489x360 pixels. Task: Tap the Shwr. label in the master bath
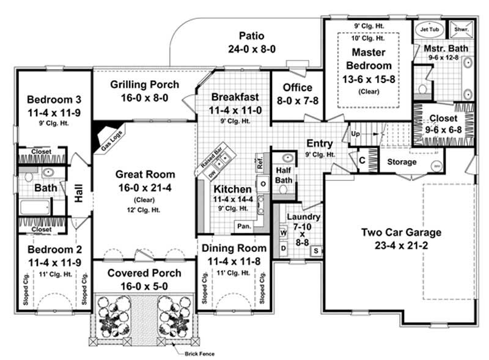point(460,29)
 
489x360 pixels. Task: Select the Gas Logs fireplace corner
point(107,137)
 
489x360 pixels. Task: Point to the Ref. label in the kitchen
point(260,164)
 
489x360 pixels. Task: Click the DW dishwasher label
point(213,174)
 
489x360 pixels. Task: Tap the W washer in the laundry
point(283,233)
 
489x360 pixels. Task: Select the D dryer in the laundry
point(283,249)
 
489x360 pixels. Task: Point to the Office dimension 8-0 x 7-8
point(297,100)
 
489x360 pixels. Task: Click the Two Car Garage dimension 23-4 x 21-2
point(401,244)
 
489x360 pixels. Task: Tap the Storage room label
point(402,162)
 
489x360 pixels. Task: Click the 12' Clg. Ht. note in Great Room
point(145,210)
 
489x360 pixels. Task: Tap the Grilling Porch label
point(145,84)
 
